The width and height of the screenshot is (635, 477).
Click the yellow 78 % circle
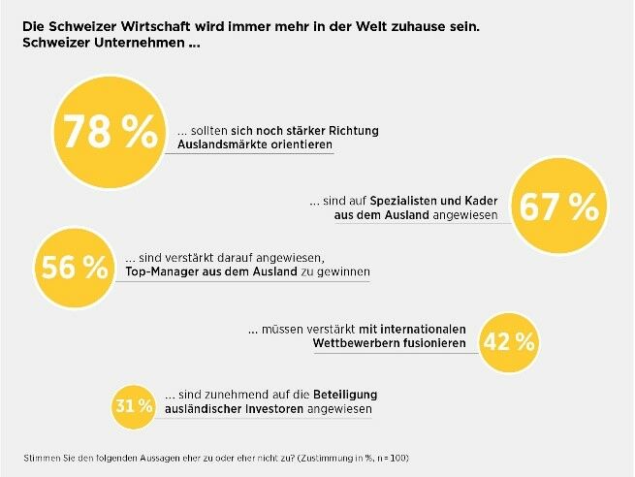tap(109, 133)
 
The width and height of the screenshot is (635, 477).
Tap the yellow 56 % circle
tap(75, 269)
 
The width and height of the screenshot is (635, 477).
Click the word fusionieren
tap(430, 343)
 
